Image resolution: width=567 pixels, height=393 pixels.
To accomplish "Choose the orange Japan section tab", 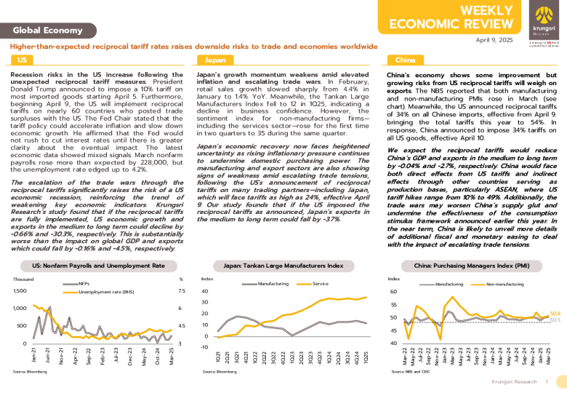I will click(214, 60).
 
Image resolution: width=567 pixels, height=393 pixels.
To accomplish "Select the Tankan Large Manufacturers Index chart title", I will click(283, 266).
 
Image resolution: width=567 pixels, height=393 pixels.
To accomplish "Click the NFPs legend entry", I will click(84, 283).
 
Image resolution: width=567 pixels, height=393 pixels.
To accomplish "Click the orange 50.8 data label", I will click(555, 312).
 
